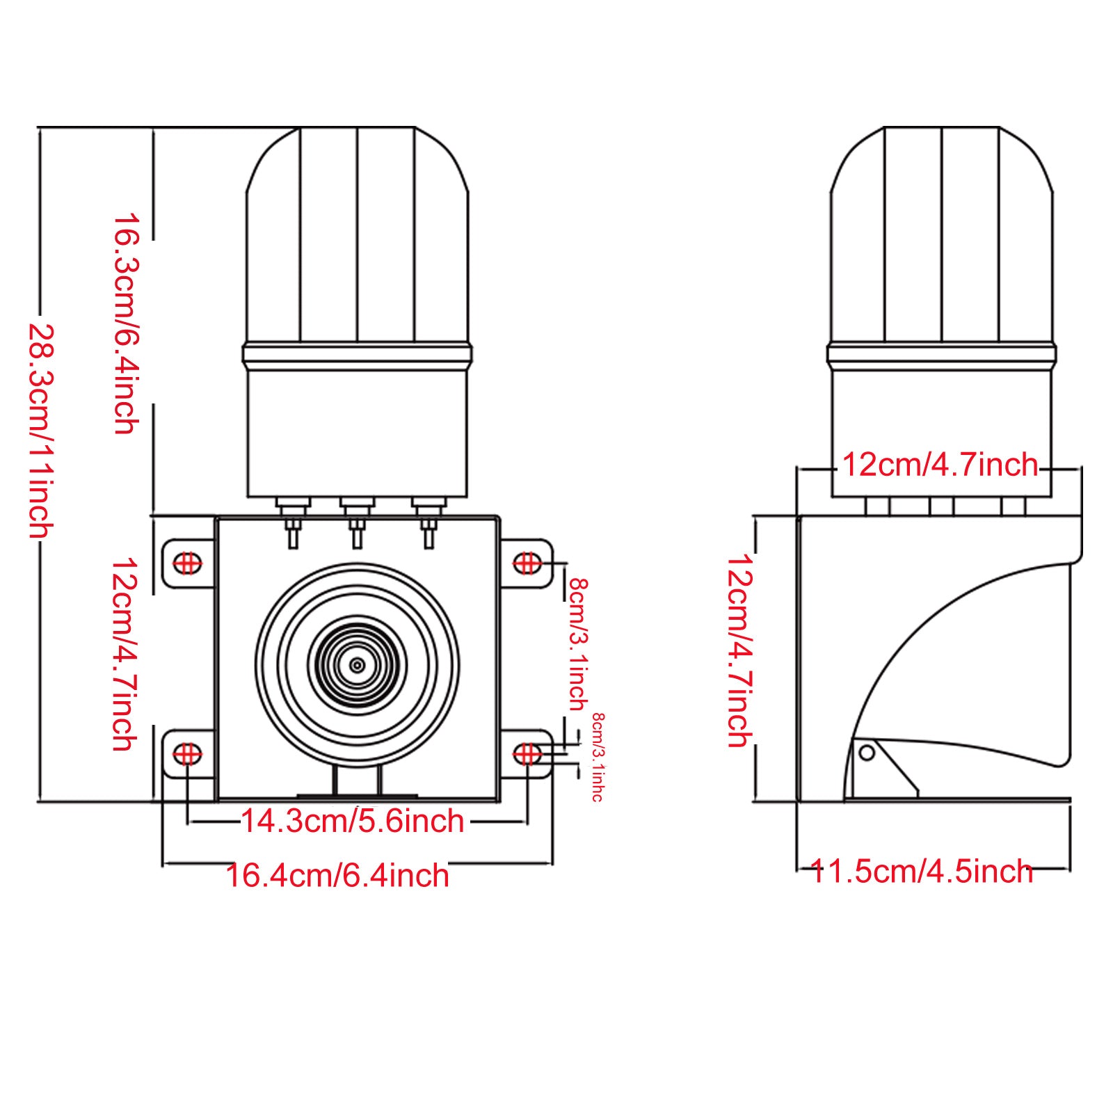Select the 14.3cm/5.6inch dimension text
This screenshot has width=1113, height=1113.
(x=353, y=822)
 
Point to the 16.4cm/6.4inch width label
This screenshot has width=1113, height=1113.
(x=338, y=875)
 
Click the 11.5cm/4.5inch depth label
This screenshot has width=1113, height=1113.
(x=922, y=872)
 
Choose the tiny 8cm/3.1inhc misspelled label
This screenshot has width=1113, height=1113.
(x=598, y=757)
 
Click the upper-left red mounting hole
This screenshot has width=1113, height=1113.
(x=187, y=562)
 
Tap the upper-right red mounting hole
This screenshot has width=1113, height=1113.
(x=527, y=562)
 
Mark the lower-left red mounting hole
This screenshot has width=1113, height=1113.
(x=187, y=753)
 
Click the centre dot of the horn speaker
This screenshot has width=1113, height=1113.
(x=358, y=666)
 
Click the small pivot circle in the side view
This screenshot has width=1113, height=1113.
(x=867, y=752)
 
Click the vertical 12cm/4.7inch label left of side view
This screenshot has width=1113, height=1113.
(x=739, y=650)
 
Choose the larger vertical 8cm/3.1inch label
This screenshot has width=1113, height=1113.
(x=578, y=643)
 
